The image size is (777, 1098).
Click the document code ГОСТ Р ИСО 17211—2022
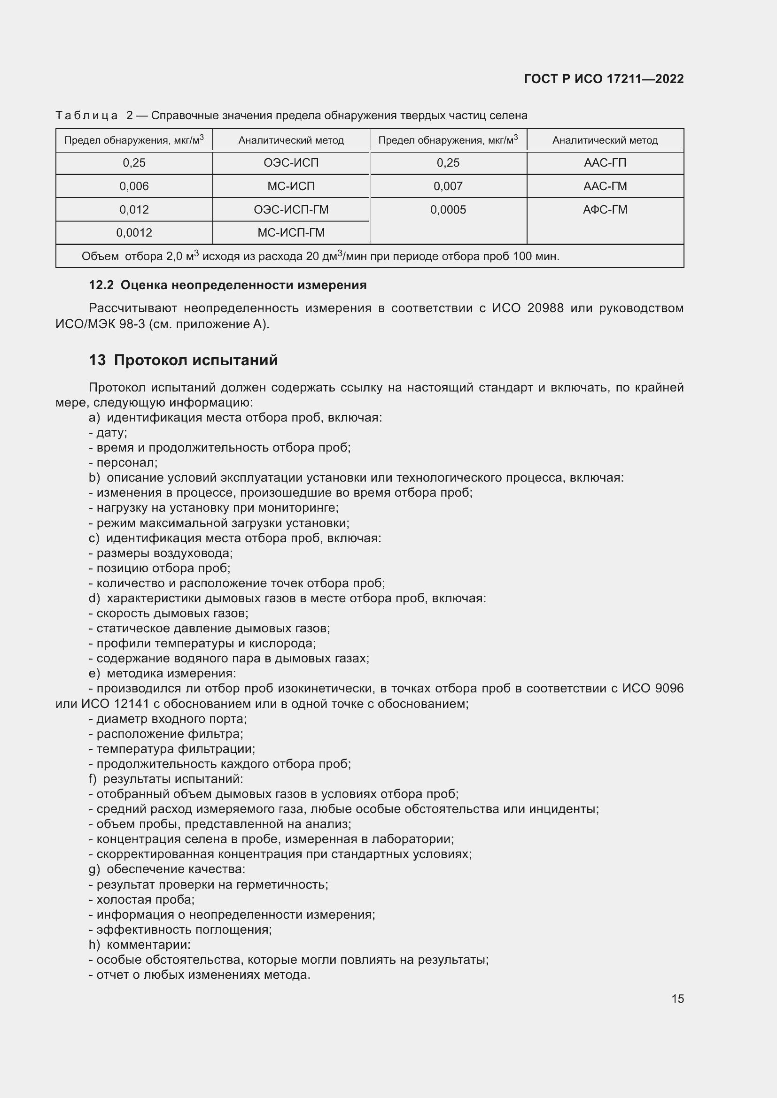pos(603,79)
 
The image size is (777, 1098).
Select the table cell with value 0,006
pos(134,186)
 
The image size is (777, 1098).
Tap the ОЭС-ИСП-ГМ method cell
pos(291,209)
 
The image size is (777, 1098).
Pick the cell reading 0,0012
pos(134,233)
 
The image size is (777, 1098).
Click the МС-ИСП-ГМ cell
pos(291,233)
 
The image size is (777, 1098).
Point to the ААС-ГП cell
pos(605,163)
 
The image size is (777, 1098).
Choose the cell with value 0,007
pos(448,186)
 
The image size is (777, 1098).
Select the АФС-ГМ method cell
pos(605,209)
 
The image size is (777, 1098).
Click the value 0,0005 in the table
pos(448,209)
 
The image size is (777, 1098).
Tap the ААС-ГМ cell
pos(605,186)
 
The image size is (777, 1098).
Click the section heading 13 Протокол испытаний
pos(183,360)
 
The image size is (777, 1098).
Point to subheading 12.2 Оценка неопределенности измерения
pos(228,285)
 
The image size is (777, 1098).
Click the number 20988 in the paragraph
pos(545,308)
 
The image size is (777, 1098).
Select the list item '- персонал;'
pos(123,462)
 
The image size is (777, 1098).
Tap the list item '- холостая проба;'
pos(141,899)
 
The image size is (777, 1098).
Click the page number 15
pos(677,998)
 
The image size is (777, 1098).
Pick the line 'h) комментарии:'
pos(140,944)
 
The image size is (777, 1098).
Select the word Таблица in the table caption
pos(86,115)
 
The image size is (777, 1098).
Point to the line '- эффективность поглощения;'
pos(180,929)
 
